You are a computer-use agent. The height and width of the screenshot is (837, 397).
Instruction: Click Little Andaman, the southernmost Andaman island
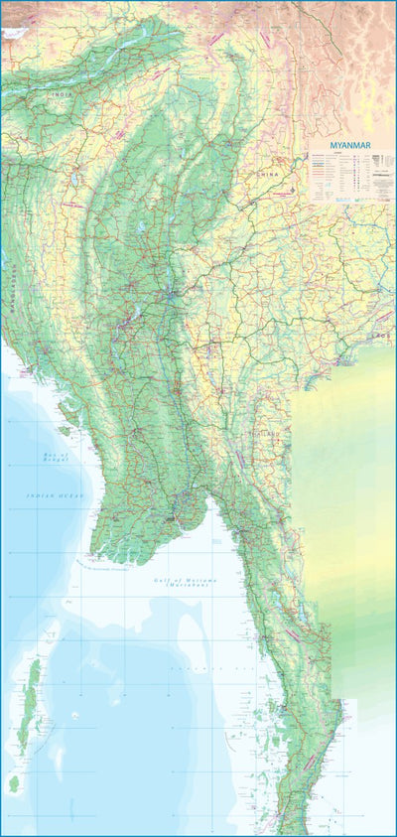[15, 783]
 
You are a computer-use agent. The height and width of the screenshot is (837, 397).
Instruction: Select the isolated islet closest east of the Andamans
[74, 716]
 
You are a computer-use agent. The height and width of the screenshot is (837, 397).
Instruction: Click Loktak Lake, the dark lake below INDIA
[73, 180]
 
